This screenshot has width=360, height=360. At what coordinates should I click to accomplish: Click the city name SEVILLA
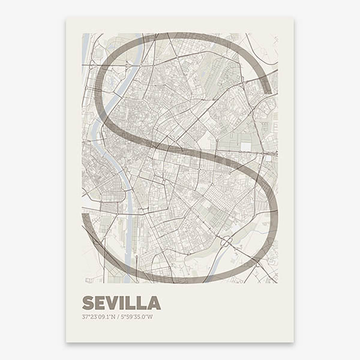(x=121, y=303)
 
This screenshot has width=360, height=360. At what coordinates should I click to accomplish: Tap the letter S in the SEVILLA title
(x=88, y=303)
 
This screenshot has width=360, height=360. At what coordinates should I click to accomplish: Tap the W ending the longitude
(x=151, y=316)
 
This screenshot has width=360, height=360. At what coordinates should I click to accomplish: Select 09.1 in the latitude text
(x=103, y=316)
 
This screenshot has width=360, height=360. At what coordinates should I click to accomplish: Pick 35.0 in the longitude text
(x=141, y=316)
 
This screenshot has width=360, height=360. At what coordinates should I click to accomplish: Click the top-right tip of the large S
(x=267, y=91)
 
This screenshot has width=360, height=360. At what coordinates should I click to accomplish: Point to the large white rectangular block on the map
(x=245, y=146)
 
